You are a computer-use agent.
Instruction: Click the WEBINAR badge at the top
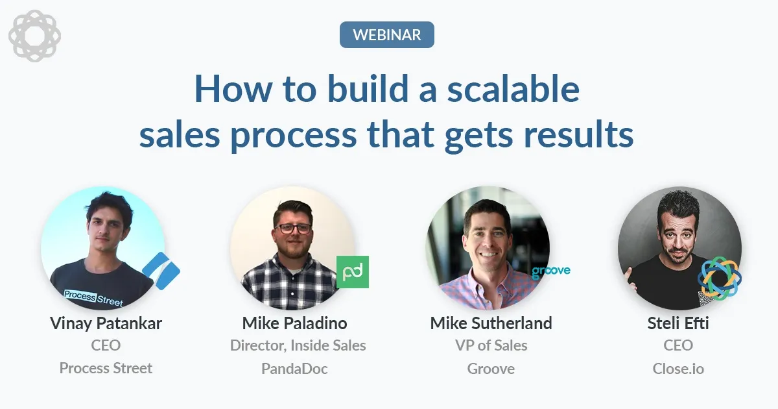tap(386, 34)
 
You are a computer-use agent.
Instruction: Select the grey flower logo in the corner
tap(34, 35)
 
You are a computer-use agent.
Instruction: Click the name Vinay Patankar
tap(106, 323)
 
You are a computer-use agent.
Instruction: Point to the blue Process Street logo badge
tap(160, 271)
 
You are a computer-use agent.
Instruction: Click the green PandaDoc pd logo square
tap(352, 271)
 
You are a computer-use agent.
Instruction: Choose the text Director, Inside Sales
tap(298, 345)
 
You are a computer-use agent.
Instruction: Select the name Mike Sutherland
tap(491, 323)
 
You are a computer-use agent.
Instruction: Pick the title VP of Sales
tap(491, 345)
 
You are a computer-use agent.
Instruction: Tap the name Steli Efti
tap(678, 323)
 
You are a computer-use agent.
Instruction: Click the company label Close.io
tap(678, 369)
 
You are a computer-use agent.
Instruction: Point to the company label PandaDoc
tap(294, 369)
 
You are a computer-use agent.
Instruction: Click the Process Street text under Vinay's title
tap(106, 368)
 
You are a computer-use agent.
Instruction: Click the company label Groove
tap(491, 369)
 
